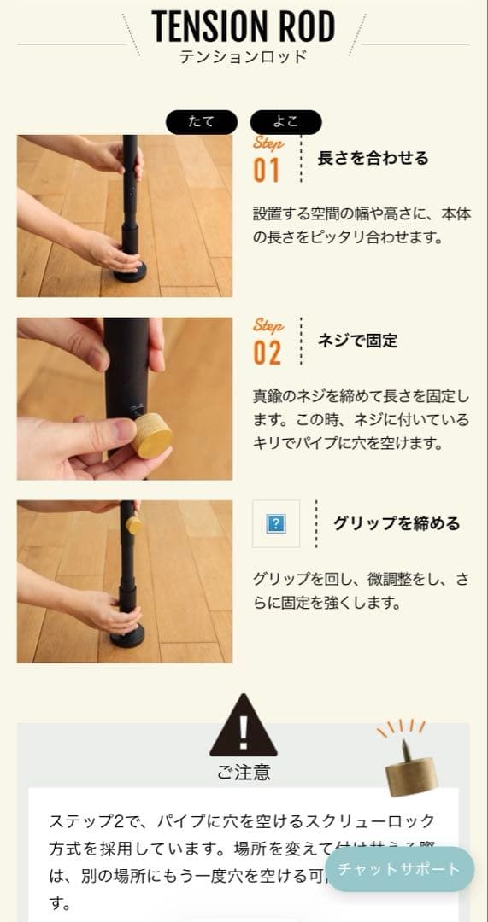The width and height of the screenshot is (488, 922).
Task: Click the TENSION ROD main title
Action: tap(244, 27)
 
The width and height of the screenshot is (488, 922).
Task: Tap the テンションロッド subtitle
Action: tap(244, 58)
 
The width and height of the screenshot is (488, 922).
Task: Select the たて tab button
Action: tap(202, 122)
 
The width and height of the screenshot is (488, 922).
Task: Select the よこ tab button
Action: tap(285, 122)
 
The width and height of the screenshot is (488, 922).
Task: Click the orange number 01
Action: tap(267, 170)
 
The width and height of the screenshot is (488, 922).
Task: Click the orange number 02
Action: tap(267, 353)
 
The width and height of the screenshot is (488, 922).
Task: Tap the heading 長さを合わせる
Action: tap(373, 158)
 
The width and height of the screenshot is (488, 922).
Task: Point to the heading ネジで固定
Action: tap(357, 341)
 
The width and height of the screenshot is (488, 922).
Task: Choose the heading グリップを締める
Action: tap(397, 523)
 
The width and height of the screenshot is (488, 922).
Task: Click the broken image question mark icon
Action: tap(276, 523)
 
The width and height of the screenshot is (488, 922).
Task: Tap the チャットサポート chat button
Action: tap(399, 869)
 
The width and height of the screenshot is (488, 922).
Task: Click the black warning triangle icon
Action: tap(244, 727)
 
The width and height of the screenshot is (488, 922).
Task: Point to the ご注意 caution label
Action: tap(244, 773)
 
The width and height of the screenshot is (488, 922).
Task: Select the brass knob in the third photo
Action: tap(133, 520)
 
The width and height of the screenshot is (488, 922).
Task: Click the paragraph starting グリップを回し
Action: tap(360, 591)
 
